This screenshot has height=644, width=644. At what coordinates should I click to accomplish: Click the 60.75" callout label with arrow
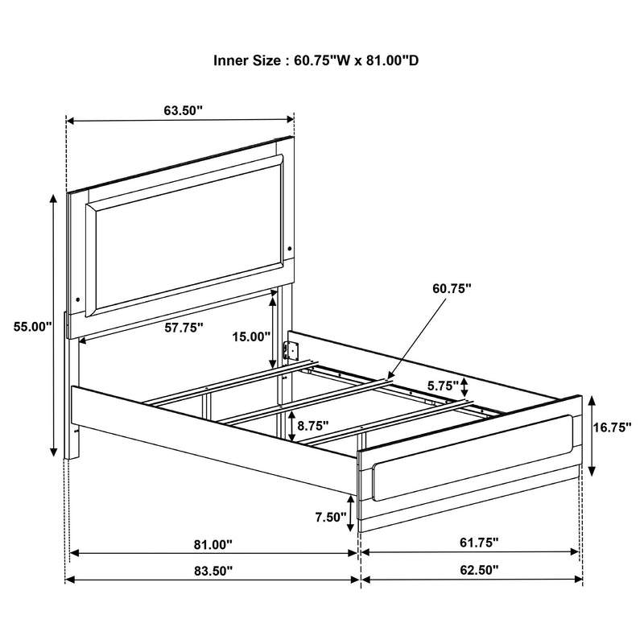pyautogui.click(x=451, y=287)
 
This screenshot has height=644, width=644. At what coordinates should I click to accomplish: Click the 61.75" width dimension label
pyautogui.click(x=478, y=544)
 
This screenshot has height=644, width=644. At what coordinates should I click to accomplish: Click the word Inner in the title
pyautogui.click(x=230, y=60)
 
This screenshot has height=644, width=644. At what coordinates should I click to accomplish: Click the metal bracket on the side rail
pyautogui.click(x=294, y=351)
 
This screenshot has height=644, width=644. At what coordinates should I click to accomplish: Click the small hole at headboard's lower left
pyautogui.click(x=77, y=299)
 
